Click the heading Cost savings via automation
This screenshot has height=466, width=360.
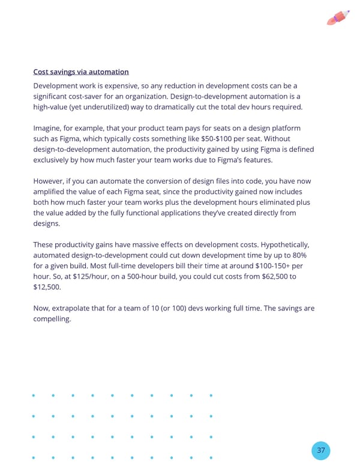point(81,72)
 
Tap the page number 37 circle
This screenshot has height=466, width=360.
point(321,450)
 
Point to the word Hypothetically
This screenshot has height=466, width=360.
point(280,244)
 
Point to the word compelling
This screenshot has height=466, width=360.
point(52,319)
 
